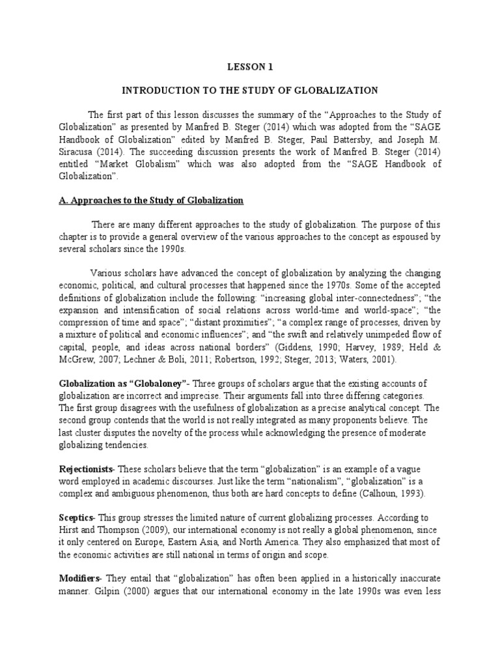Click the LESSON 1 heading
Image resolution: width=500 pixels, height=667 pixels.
(250, 66)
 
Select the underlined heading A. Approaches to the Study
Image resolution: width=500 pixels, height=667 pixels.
(152, 199)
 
